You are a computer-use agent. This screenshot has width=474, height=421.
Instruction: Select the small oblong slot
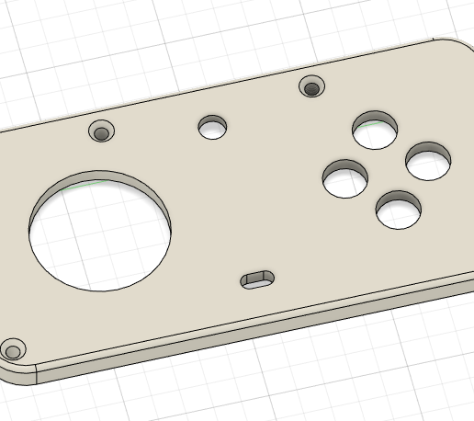coord(257,279)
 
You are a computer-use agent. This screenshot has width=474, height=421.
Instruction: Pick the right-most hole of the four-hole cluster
coord(429,162)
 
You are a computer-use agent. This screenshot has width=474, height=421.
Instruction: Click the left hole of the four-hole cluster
coord(345,178)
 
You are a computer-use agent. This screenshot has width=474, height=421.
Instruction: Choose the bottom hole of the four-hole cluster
coord(400,210)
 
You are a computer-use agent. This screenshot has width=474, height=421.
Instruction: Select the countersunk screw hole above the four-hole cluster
coord(312,87)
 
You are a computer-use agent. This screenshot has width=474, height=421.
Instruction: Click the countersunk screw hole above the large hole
coord(101,132)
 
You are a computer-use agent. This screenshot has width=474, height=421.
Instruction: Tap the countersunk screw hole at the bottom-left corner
coord(13,350)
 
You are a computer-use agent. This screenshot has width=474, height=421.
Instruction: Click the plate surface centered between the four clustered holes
coord(387,171)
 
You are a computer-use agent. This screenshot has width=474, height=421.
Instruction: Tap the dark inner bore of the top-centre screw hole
coord(312,89)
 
